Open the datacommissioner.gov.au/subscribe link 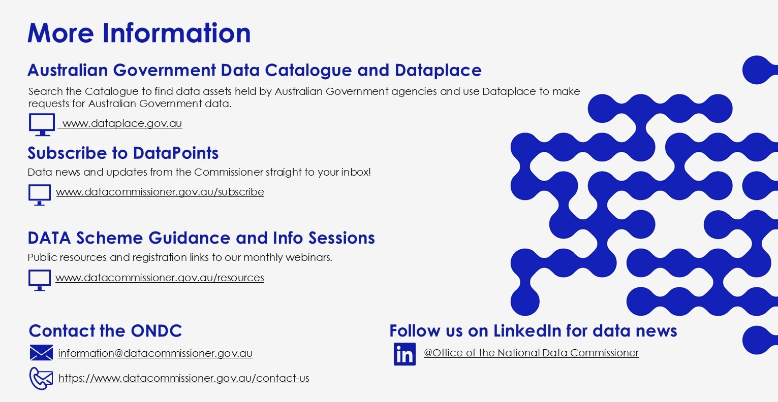(160, 192)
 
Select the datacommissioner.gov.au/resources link (160, 278)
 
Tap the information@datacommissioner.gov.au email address (155, 353)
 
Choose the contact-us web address (184, 378)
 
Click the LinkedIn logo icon (404, 354)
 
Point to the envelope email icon (41, 353)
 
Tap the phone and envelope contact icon (41, 379)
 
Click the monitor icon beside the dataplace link (42, 124)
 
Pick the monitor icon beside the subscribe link (40, 195)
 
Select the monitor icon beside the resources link (40, 280)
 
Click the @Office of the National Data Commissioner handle (531, 353)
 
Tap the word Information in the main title (176, 33)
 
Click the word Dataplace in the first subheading (438, 71)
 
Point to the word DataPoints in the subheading (176, 153)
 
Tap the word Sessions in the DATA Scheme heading (341, 238)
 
